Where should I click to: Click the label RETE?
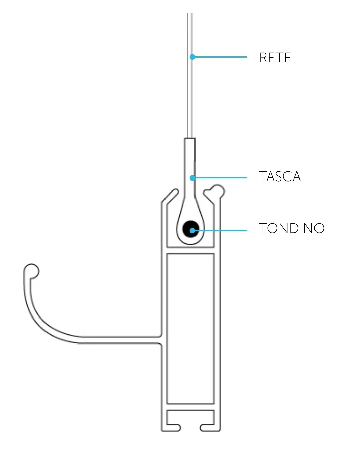pyautogui.click(x=275, y=57)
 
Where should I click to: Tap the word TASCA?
pyautogui.click(x=279, y=176)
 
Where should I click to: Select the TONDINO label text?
pyautogui.click(x=291, y=228)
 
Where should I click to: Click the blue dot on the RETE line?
pyautogui.click(x=192, y=57)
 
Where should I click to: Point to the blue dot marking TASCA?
pyautogui.click(x=192, y=178)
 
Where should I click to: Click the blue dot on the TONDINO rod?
pyautogui.click(x=192, y=231)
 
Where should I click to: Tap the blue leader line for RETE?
pyautogui.click(x=220, y=57)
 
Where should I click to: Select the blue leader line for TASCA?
pyautogui.click(x=220, y=178)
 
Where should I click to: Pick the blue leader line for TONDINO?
pyautogui.click(x=220, y=231)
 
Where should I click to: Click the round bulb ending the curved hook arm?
pyautogui.click(x=32, y=271)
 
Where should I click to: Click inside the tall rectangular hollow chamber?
pyautogui.click(x=190, y=329)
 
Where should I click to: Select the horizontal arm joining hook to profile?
pyautogui.click(x=120, y=340)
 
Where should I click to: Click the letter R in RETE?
pyautogui.click(x=263, y=57)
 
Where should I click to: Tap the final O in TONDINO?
pyautogui.click(x=319, y=228)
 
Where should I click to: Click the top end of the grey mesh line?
pyautogui.click(x=190, y=13)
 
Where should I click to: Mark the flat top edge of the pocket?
pyautogui.click(x=190, y=138)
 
